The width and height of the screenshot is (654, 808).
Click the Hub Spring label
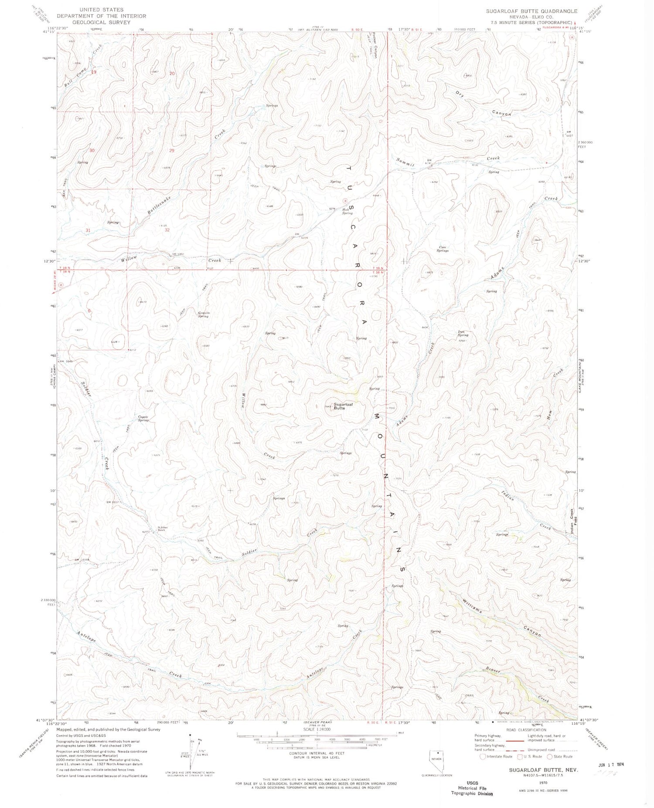(347, 212)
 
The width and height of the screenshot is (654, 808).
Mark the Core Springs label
(443, 249)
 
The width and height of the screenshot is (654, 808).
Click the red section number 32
(167, 230)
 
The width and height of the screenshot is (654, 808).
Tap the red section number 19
(93, 72)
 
